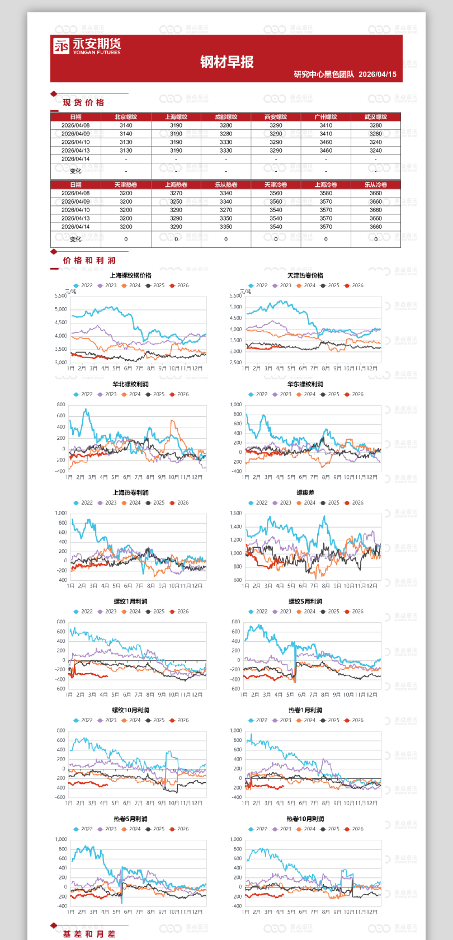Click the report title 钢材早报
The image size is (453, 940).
(x=226, y=62)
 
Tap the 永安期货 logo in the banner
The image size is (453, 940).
(x=87, y=46)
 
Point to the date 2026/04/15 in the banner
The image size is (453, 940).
(x=377, y=74)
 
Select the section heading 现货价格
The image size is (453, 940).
(x=83, y=102)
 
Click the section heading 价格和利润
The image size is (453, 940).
(x=89, y=260)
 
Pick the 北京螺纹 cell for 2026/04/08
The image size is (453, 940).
(x=126, y=125)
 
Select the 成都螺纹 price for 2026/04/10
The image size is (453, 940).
(x=226, y=142)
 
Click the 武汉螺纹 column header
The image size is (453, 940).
(x=376, y=117)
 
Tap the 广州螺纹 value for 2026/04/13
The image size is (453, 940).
(x=326, y=151)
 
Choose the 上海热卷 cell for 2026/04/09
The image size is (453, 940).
(x=176, y=201)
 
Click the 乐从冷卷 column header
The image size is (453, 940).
(x=376, y=185)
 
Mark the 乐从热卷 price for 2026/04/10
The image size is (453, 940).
(x=226, y=210)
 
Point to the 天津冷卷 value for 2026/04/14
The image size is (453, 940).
(x=276, y=227)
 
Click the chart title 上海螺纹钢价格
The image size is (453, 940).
(x=130, y=275)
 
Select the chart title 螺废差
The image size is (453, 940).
(x=305, y=493)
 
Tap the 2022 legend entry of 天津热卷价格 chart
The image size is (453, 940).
(x=258, y=285)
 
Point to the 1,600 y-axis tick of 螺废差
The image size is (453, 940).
(x=236, y=513)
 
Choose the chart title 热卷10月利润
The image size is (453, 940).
(x=305, y=819)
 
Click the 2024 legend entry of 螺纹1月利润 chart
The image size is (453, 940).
(x=131, y=612)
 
